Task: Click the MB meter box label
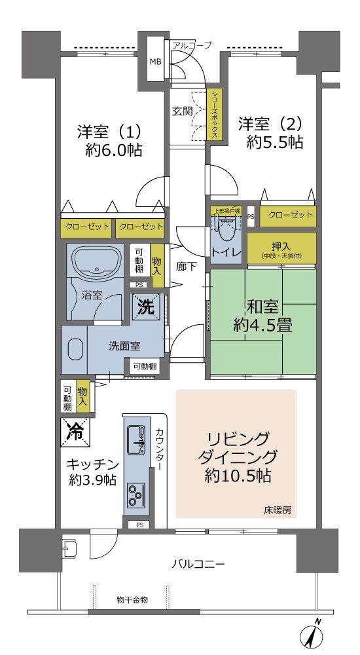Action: click(155, 62)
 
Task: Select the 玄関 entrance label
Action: click(182, 111)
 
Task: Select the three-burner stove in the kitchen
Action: click(137, 493)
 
